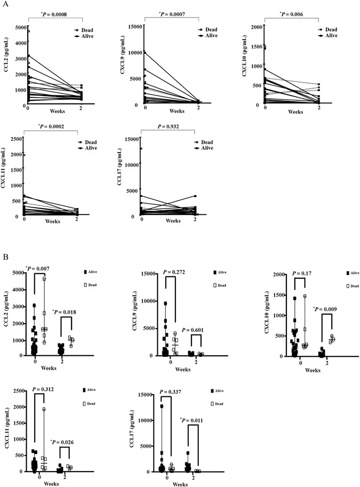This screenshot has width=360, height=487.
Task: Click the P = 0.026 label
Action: pyautogui.click(x=66, y=427)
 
